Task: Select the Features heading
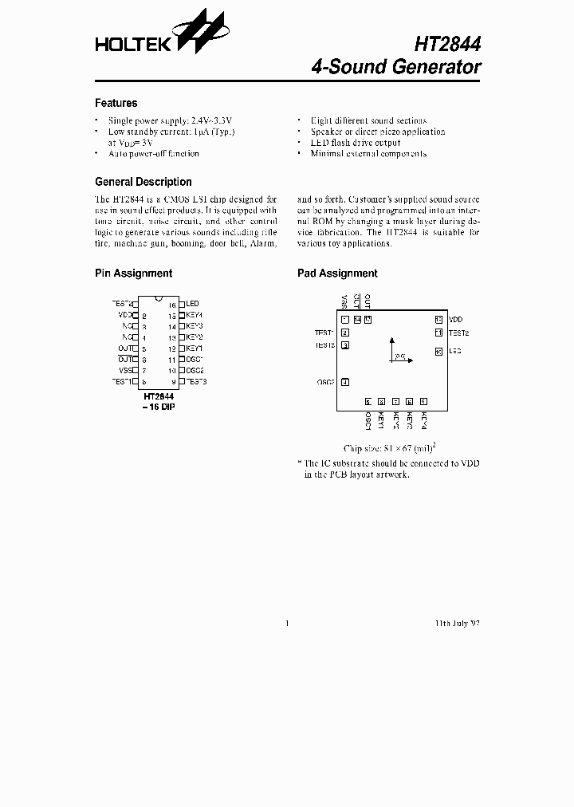point(116,103)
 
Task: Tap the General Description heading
point(143,182)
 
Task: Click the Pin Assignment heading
point(133,273)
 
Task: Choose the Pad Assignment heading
point(337,273)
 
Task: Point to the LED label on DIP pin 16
point(192,304)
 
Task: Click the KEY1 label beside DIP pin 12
point(195,348)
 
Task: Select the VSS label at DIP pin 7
point(125,371)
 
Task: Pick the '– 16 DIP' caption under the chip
point(159,406)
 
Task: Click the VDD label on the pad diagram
point(455,319)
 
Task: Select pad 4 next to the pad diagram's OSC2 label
point(344,382)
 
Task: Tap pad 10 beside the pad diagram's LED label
point(438,351)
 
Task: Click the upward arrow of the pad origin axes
point(391,340)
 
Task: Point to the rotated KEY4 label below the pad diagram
point(424,420)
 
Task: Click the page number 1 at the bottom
point(287,623)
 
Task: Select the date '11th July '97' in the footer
point(457,623)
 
